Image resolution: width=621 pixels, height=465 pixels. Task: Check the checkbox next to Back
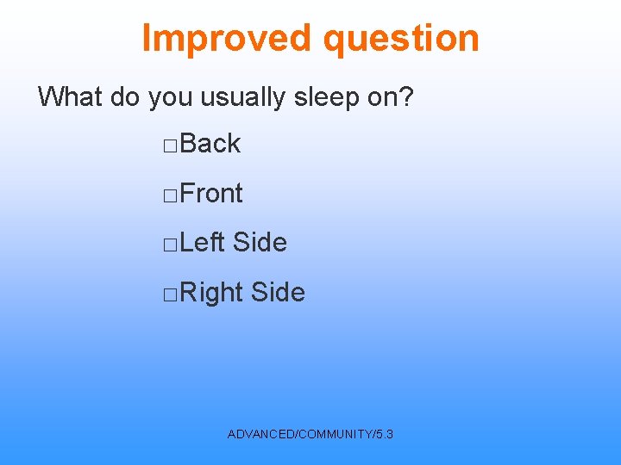(169, 146)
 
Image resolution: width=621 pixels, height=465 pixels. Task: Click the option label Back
(210, 144)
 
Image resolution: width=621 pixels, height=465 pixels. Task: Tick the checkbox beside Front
(169, 195)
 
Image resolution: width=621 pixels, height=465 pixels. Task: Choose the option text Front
(212, 194)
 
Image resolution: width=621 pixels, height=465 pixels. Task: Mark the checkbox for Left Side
(169, 245)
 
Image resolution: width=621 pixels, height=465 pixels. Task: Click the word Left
(203, 243)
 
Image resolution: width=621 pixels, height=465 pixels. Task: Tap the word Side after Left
(260, 243)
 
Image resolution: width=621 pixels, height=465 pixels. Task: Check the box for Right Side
(169, 294)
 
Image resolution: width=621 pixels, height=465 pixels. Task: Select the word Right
(212, 293)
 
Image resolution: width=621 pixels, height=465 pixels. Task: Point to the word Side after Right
(278, 293)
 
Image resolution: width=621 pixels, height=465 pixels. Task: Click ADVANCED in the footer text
(260, 434)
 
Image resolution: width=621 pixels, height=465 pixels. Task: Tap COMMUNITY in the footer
(335, 434)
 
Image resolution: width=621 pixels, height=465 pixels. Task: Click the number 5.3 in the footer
(385, 434)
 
